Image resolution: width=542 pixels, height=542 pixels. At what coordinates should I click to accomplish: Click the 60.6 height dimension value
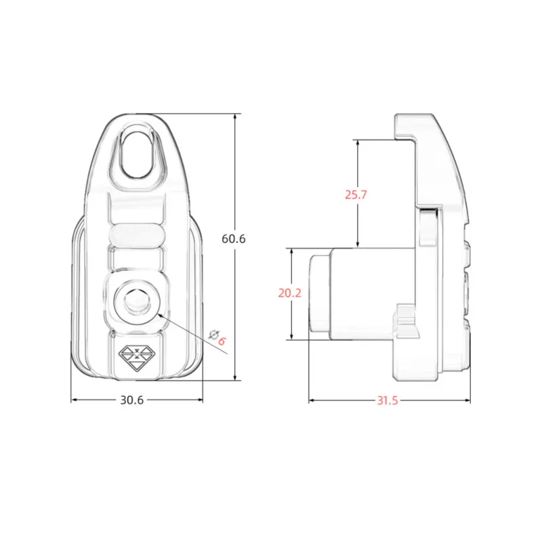pos(234,238)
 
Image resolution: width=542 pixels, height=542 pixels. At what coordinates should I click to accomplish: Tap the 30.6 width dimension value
pos(131,400)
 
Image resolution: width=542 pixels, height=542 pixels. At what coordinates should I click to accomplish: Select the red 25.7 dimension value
pos(356,194)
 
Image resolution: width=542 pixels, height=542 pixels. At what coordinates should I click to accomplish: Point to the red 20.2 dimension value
pos(290,293)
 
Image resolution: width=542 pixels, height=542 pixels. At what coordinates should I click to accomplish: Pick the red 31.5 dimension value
pos(388,400)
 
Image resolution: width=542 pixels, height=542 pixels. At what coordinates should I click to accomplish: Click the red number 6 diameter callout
pos(222,341)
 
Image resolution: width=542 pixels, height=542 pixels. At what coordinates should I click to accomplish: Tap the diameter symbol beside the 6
pos(213,335)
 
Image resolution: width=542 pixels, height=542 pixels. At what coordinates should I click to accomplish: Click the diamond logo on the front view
pos(137,357)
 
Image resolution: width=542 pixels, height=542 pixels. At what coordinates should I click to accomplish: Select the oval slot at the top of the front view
pos(138,154)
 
